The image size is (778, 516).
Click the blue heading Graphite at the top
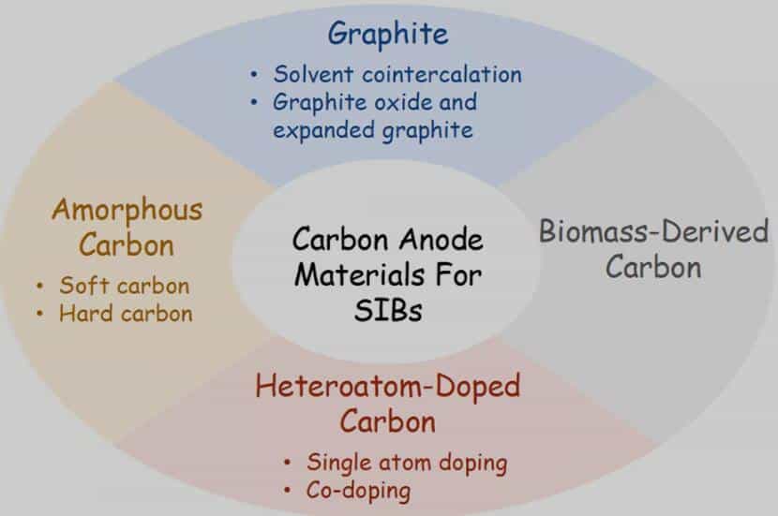(388, 35)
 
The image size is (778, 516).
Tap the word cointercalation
(441, 74)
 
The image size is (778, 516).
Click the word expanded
(323, 131)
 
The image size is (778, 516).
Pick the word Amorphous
(127, 210)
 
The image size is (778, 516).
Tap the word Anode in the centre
(441, 240)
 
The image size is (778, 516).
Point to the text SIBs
(388, 311)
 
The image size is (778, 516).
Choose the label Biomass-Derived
(653, 231)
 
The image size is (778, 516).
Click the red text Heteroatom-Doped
(387, 386)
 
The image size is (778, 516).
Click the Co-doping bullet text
(358, 491)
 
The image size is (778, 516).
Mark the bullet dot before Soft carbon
(39, 286)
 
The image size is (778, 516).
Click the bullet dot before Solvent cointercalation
(254, 75)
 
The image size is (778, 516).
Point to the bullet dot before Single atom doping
(287, 463)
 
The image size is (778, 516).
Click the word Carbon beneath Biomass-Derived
(653, 267)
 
